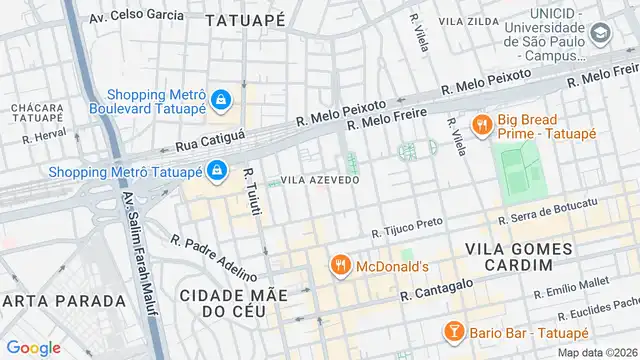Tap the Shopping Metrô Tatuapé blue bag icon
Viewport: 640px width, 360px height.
pyautogui.click(x=215, y=171)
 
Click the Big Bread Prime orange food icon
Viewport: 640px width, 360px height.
pyautogui.click(x=482, y=126)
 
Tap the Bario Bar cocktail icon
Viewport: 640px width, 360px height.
pyautogui.click(x=453, y=331)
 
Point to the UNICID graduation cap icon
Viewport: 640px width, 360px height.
pyautogui.click(x=599, y=33)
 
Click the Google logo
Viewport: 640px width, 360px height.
pyautogui.click(x=33, y=348)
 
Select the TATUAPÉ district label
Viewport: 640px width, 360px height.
pyautogui.click(x=245, y=19)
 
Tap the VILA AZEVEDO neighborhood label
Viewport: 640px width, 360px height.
pyautogui.click(x=320, y=180)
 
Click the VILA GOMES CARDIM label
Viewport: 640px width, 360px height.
pyautogui.click(x=519, y=256)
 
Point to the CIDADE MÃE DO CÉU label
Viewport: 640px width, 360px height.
pyautogui.click(x=233, y=303)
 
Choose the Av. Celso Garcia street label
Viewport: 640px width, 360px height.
pyautogui.click(x=136, y=16)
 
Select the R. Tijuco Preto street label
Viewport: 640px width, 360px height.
pyautogui.click(x=406, y=232)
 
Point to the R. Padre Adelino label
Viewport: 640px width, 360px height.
pyautogui.click(x=214, y=258)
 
